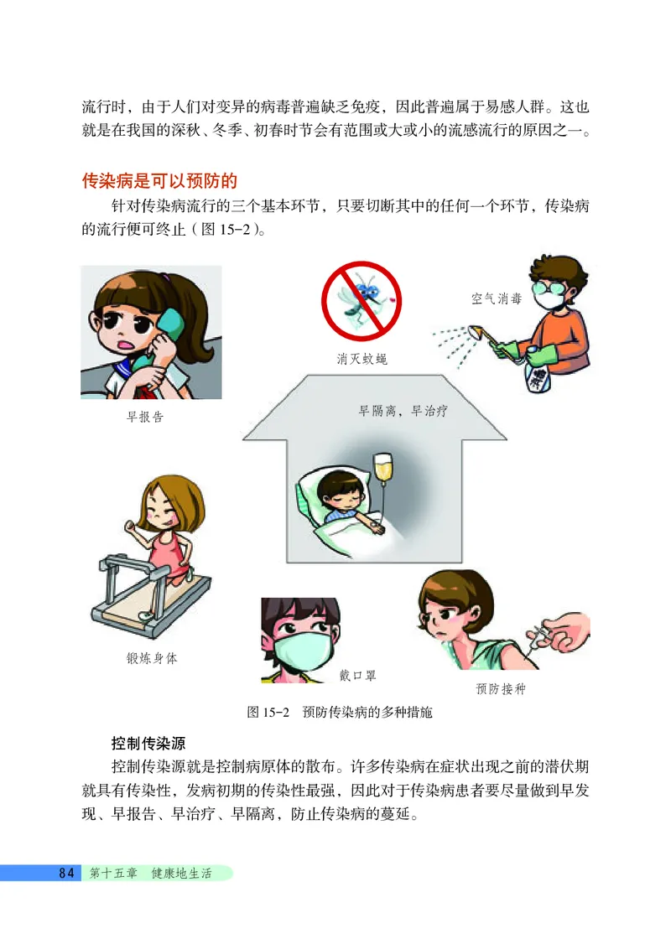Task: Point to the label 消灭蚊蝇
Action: [362, 359]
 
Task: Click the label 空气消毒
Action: [496, 298]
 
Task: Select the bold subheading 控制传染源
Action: [148, 743]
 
